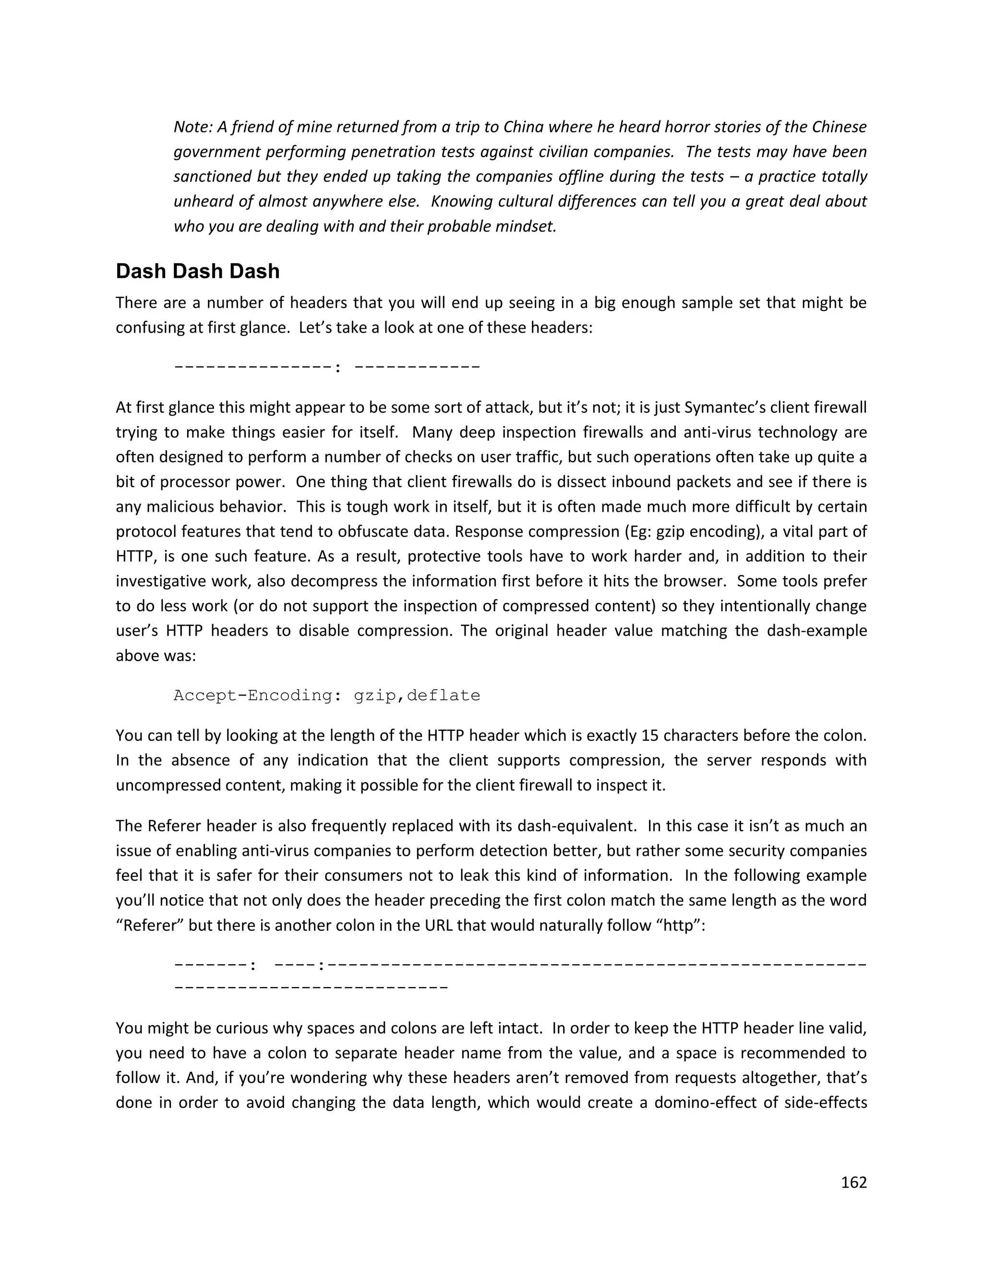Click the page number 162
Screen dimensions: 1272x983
pos(854,1182)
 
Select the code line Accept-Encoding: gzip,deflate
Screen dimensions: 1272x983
pos(327,696)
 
